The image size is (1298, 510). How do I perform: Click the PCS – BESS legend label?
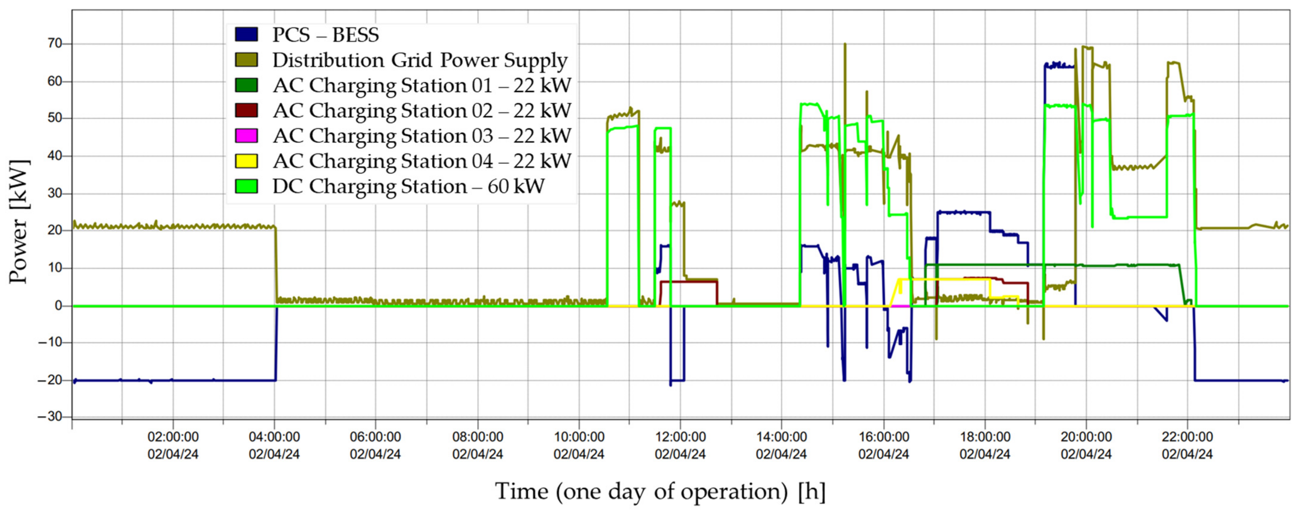tap(325, 35)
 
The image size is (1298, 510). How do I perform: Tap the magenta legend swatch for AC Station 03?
tap(246, 135)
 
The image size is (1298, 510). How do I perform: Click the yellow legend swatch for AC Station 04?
tap(246, 161)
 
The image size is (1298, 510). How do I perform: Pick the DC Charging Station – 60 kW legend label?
tap(408, 186)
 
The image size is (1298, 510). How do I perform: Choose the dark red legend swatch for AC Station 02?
tap(246, 110)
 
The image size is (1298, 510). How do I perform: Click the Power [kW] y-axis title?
tap(19, 222)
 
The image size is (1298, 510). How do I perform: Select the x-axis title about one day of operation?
tap(660, 491)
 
